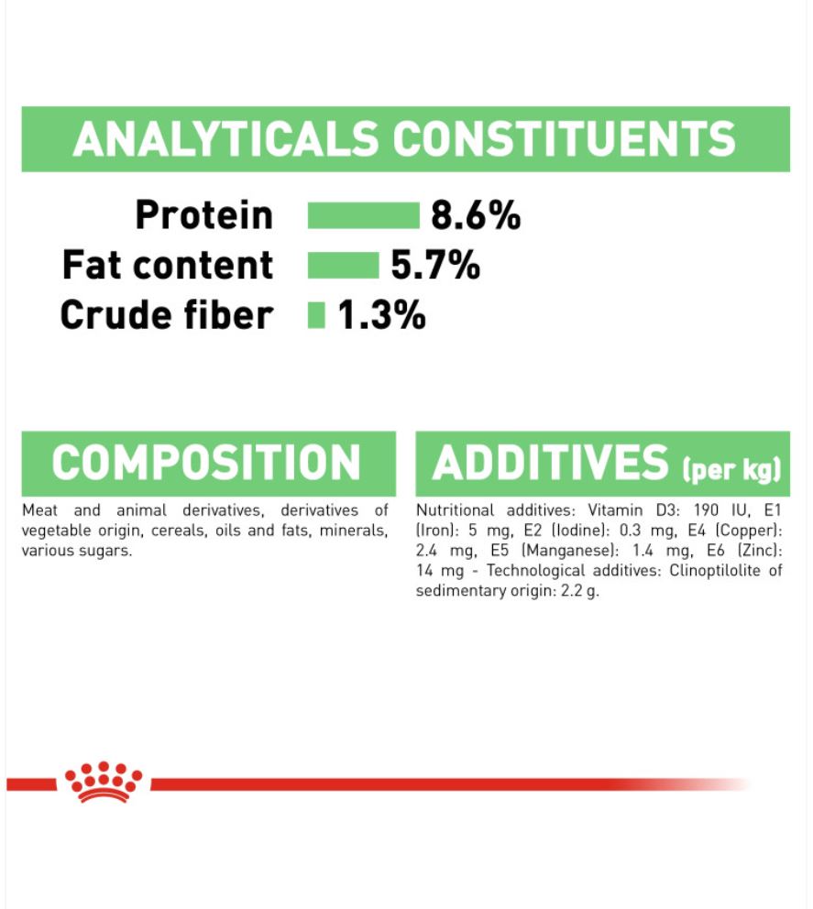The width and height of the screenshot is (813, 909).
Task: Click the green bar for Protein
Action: [x=364, y=215]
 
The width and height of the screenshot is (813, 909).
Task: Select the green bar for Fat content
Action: [x=344, y=266]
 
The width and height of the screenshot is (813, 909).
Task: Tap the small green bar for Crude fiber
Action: [x=316, y=315]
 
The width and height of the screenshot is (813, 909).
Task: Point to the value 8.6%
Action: [x=476, y=215]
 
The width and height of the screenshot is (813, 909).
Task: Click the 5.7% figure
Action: [x=435, y=266]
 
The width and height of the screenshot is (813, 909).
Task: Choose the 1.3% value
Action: [x=381, y=315]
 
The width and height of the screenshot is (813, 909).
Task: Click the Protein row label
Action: [x=204, y=215]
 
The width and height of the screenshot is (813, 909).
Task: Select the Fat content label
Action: [x=168, y=265]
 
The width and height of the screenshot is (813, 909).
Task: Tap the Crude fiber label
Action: [x=167, y=315]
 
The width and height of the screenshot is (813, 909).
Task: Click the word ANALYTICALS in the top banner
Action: [x=226, y=139]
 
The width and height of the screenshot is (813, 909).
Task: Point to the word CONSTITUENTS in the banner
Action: [x=565, y=139]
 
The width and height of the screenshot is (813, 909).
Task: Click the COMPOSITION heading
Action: [x=206, y=463]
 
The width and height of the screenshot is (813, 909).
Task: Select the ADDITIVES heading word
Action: [x=551, y=463]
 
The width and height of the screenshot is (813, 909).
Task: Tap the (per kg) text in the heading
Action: [x=731, y=468]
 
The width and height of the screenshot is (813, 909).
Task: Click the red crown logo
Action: [x=104, y=782]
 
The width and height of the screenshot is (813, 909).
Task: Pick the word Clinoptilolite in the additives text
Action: [x=714, y=571]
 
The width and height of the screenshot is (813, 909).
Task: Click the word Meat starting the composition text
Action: [x=39, y=510]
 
